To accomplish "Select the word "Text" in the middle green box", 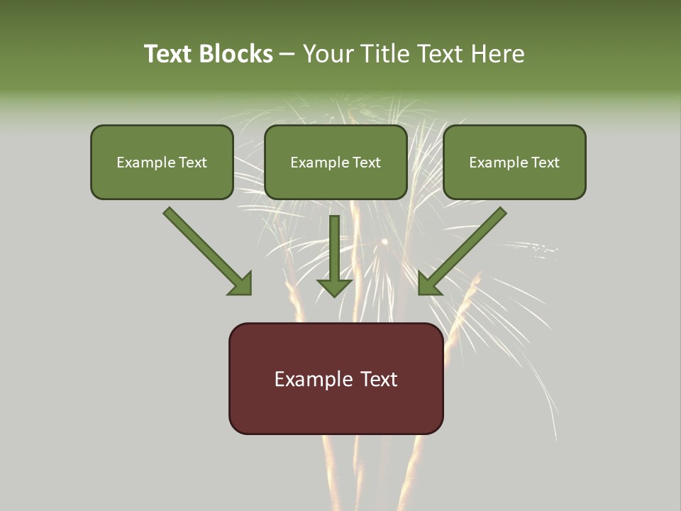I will [x=367, y=163].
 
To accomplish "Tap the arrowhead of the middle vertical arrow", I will [x=334, y=287].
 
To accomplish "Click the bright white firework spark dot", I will [x=384, y=242].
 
